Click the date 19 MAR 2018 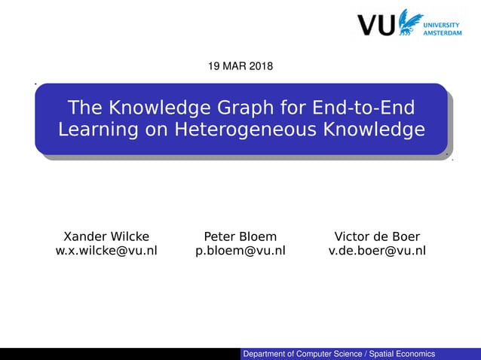pos(240,67)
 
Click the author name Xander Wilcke pos(106,236)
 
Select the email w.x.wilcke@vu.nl pos(106,251)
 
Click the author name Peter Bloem pos(240,236)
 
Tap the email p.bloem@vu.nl pos(240,251)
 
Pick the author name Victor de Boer pos(377,236)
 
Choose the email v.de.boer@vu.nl pos(377,251)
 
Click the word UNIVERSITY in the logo pos(443,23)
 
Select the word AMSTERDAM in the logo pos(443,33)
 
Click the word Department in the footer pos(267,354)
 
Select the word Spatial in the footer pos(379,354)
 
